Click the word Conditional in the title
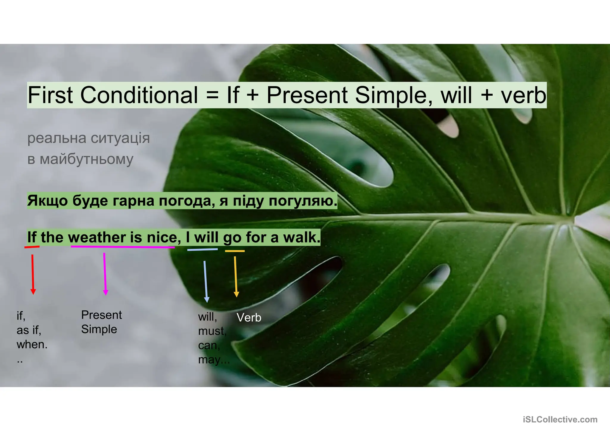[139, 95]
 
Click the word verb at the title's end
[523, 95]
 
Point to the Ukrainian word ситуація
[120, 138]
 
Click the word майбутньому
[86, 160]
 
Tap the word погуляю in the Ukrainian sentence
[303, 201]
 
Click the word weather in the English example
[97, 238]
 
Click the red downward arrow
[33, 274]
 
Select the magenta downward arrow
[105, 274]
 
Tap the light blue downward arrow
[206, 281]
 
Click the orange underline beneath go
[235, 251]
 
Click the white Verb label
[249, 318]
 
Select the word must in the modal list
[212, 331]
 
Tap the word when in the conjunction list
[32, 345]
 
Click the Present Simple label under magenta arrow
[101, 322]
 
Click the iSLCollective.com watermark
[560, 420]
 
